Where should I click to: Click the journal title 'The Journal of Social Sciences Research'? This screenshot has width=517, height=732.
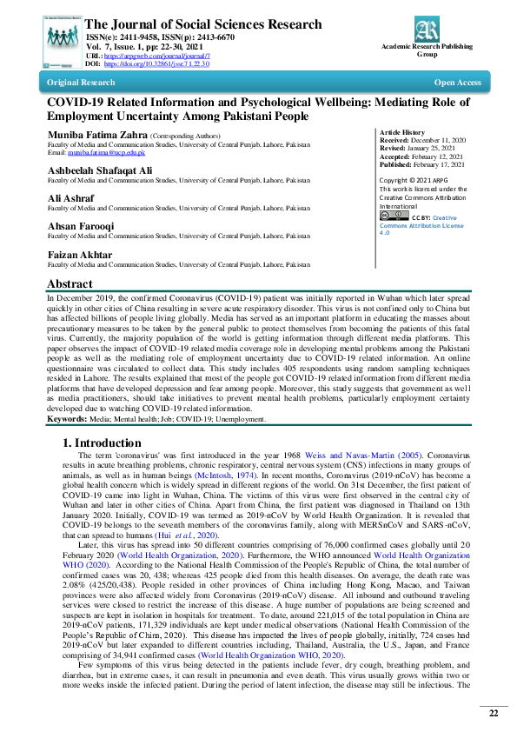point(204,24)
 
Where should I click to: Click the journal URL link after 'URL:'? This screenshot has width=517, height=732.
point(157,57)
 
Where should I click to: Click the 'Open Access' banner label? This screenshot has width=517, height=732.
point(457,83)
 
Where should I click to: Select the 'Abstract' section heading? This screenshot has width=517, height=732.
point(69,284)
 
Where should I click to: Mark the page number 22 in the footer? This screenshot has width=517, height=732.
point(493,713)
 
